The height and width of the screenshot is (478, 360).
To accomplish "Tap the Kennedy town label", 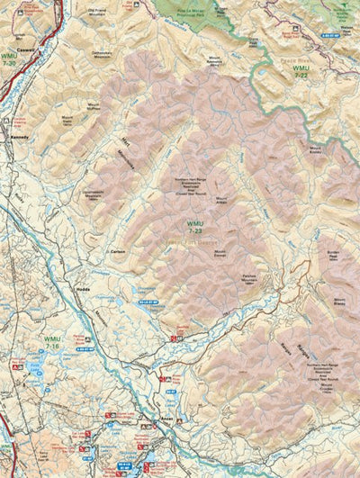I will tap(19, 137).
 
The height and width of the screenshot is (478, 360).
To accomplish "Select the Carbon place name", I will tap(116, 253).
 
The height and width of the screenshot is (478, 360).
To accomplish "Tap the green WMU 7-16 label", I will tap(51, 343).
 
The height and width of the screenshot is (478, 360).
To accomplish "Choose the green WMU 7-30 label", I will tap(11, 62).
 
